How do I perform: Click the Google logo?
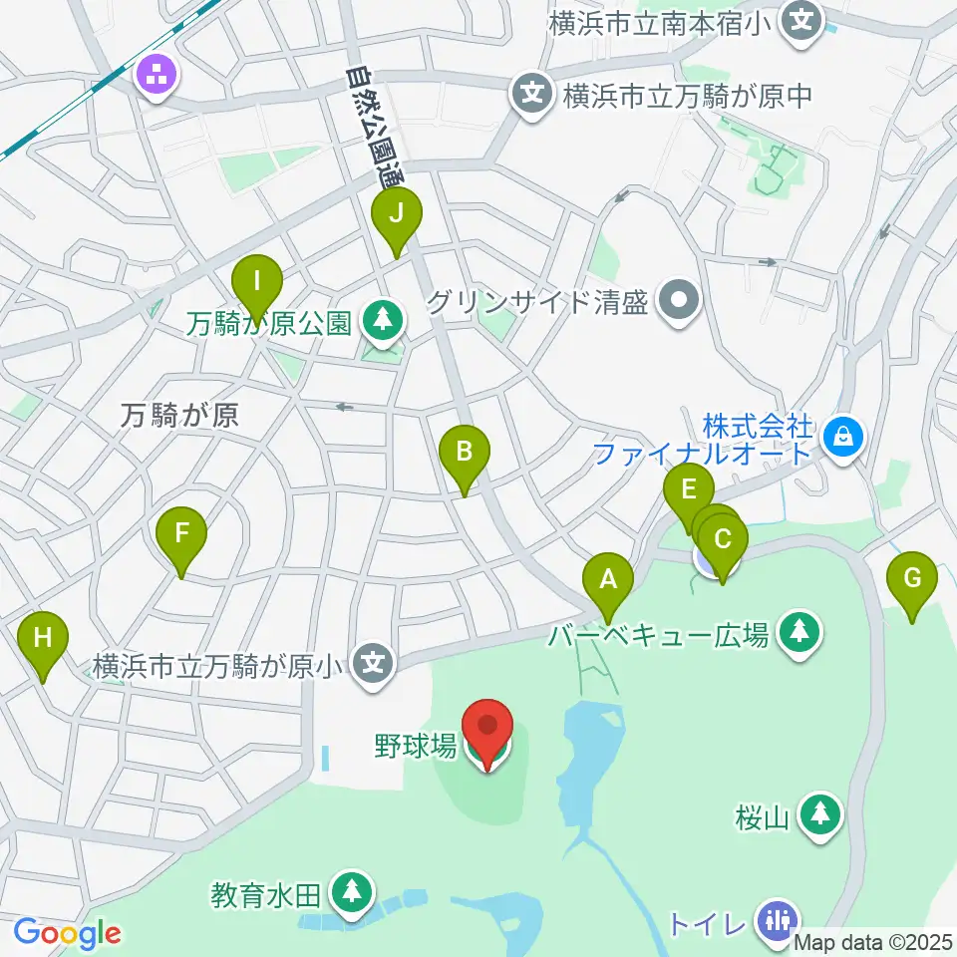67,934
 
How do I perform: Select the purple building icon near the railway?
158,74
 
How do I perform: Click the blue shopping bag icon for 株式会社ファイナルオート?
843,435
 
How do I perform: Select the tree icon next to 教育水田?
350,890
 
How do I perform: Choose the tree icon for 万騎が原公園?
380,319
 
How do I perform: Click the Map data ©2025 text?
874,941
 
